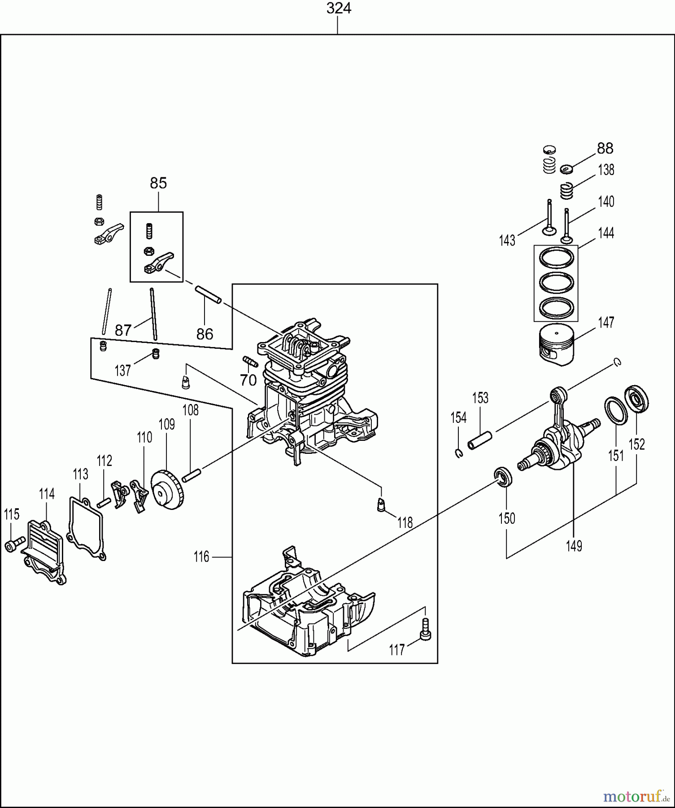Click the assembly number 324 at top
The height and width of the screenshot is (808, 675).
coord(339,9)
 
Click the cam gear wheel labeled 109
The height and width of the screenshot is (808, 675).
coord(167,489)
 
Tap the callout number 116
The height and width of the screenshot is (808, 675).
coord(201,557)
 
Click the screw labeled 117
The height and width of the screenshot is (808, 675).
coord(425,629)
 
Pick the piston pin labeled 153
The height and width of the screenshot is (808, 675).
coord(480,440)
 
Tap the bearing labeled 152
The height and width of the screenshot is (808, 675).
coord(636,398)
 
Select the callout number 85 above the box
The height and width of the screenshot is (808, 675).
coord(158,183)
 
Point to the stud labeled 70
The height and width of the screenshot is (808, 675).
coord(249,361)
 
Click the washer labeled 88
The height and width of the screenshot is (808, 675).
coord(567,169)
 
